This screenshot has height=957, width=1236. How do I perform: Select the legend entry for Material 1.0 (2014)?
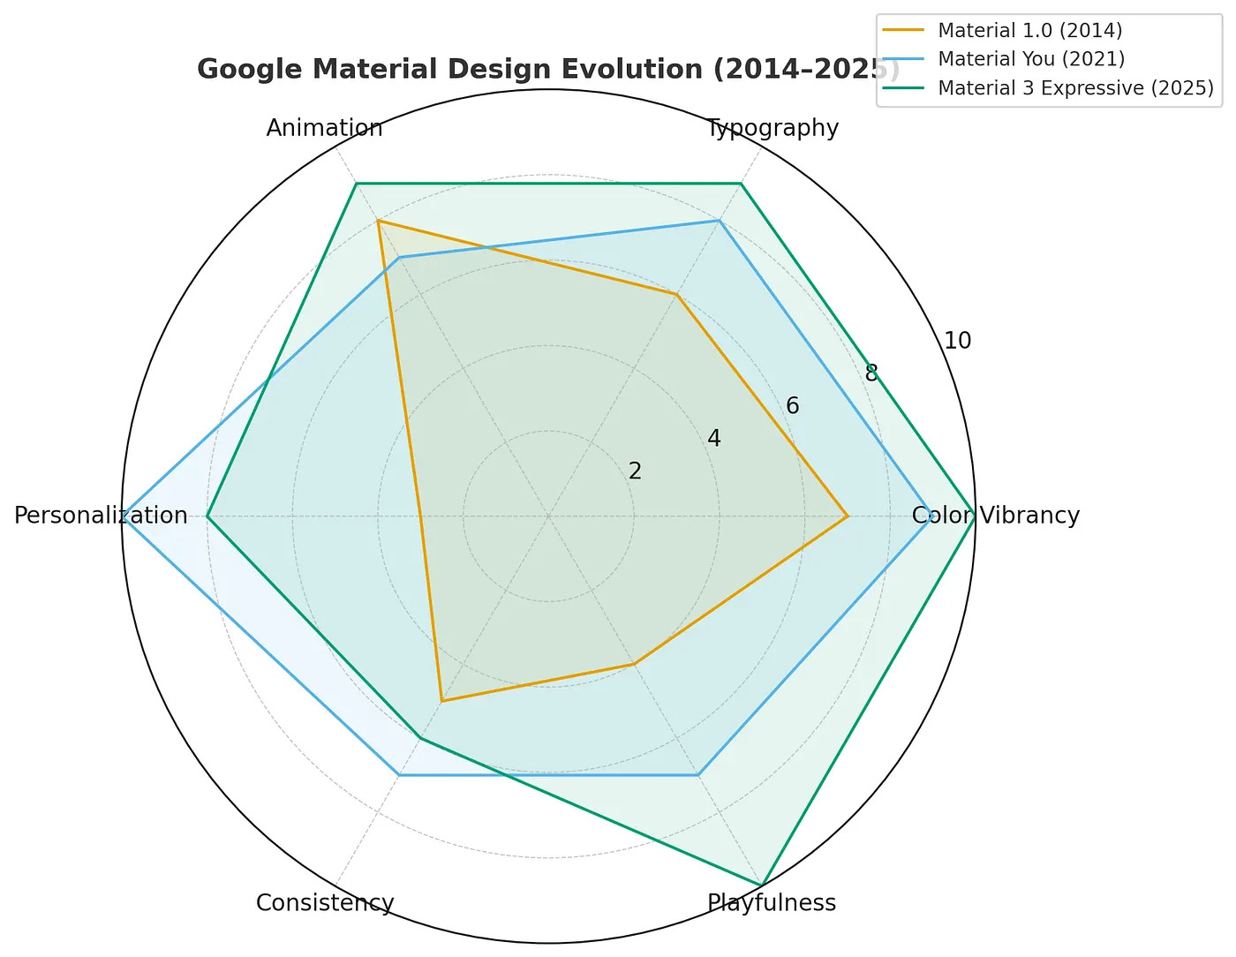tap(1029, 31)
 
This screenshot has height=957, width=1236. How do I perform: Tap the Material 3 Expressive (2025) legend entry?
tap(1075, 88)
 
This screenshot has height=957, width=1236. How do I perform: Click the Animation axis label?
tap(325, 128)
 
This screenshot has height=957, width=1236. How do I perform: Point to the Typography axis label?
tap(772, 128)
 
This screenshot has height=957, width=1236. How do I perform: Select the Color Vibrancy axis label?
tap(996, 516)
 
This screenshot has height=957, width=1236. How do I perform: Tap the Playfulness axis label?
tap(772, 903)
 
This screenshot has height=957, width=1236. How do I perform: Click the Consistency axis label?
tap(325, 903)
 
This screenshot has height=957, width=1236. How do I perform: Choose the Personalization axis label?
tap(101, 516)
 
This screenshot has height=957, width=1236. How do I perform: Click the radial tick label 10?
tap(957, 341)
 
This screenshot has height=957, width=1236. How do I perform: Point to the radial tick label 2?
tap(636, 471)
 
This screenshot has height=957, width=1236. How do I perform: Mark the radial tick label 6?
tap(793, 406)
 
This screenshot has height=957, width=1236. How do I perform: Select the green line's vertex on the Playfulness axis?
tap(762, 885)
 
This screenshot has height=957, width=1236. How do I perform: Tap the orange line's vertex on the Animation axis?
tap(378, 221)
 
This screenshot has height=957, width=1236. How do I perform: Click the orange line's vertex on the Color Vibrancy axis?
tap(848, 516)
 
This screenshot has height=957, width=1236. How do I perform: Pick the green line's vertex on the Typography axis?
tap(741, 184)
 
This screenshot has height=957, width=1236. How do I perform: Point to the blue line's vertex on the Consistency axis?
tap(399, 774)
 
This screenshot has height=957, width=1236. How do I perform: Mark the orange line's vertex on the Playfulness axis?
tap(634, 664)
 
